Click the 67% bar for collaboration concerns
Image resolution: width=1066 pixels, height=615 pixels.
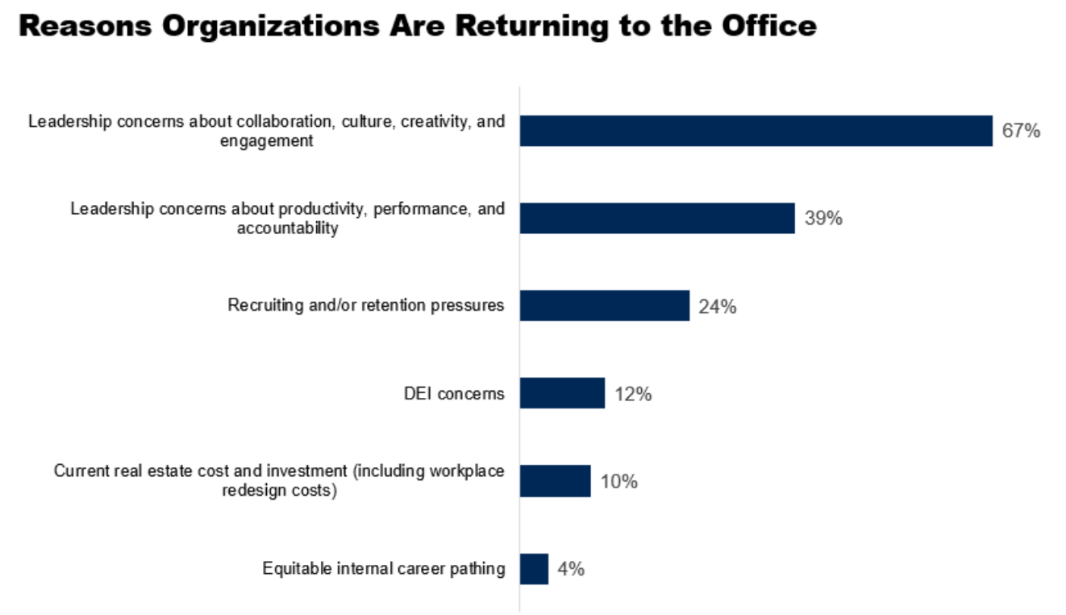(x=756, y=131)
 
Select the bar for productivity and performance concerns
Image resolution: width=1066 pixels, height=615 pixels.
(x=657, y=218)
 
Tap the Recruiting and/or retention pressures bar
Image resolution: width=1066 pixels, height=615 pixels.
(x=604, y=306)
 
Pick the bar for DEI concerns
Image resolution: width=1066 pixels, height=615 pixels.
(x=562, y=393)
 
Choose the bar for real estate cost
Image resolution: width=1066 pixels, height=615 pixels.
(x=555, y=481)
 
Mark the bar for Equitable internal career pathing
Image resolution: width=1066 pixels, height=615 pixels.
(x=534, y=568)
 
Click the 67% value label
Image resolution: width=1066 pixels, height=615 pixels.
(x=1021, y=131)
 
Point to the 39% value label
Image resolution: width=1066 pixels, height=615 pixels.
(x=823, y=218)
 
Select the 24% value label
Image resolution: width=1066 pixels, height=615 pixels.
(x=717, y=307)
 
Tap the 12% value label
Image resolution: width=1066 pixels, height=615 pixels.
(x=632, y=394)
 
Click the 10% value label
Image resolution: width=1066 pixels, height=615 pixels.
(x=618, y=482)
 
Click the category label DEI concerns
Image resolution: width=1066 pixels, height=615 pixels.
(x=454, y=394)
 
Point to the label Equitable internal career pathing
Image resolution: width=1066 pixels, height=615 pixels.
(x=384, y=569)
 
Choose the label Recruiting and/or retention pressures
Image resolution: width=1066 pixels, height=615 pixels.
(x=366, y=306)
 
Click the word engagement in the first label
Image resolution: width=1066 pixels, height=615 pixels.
(x=267, y=140)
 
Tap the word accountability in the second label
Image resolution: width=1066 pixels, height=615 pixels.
(x=288, y=228)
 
